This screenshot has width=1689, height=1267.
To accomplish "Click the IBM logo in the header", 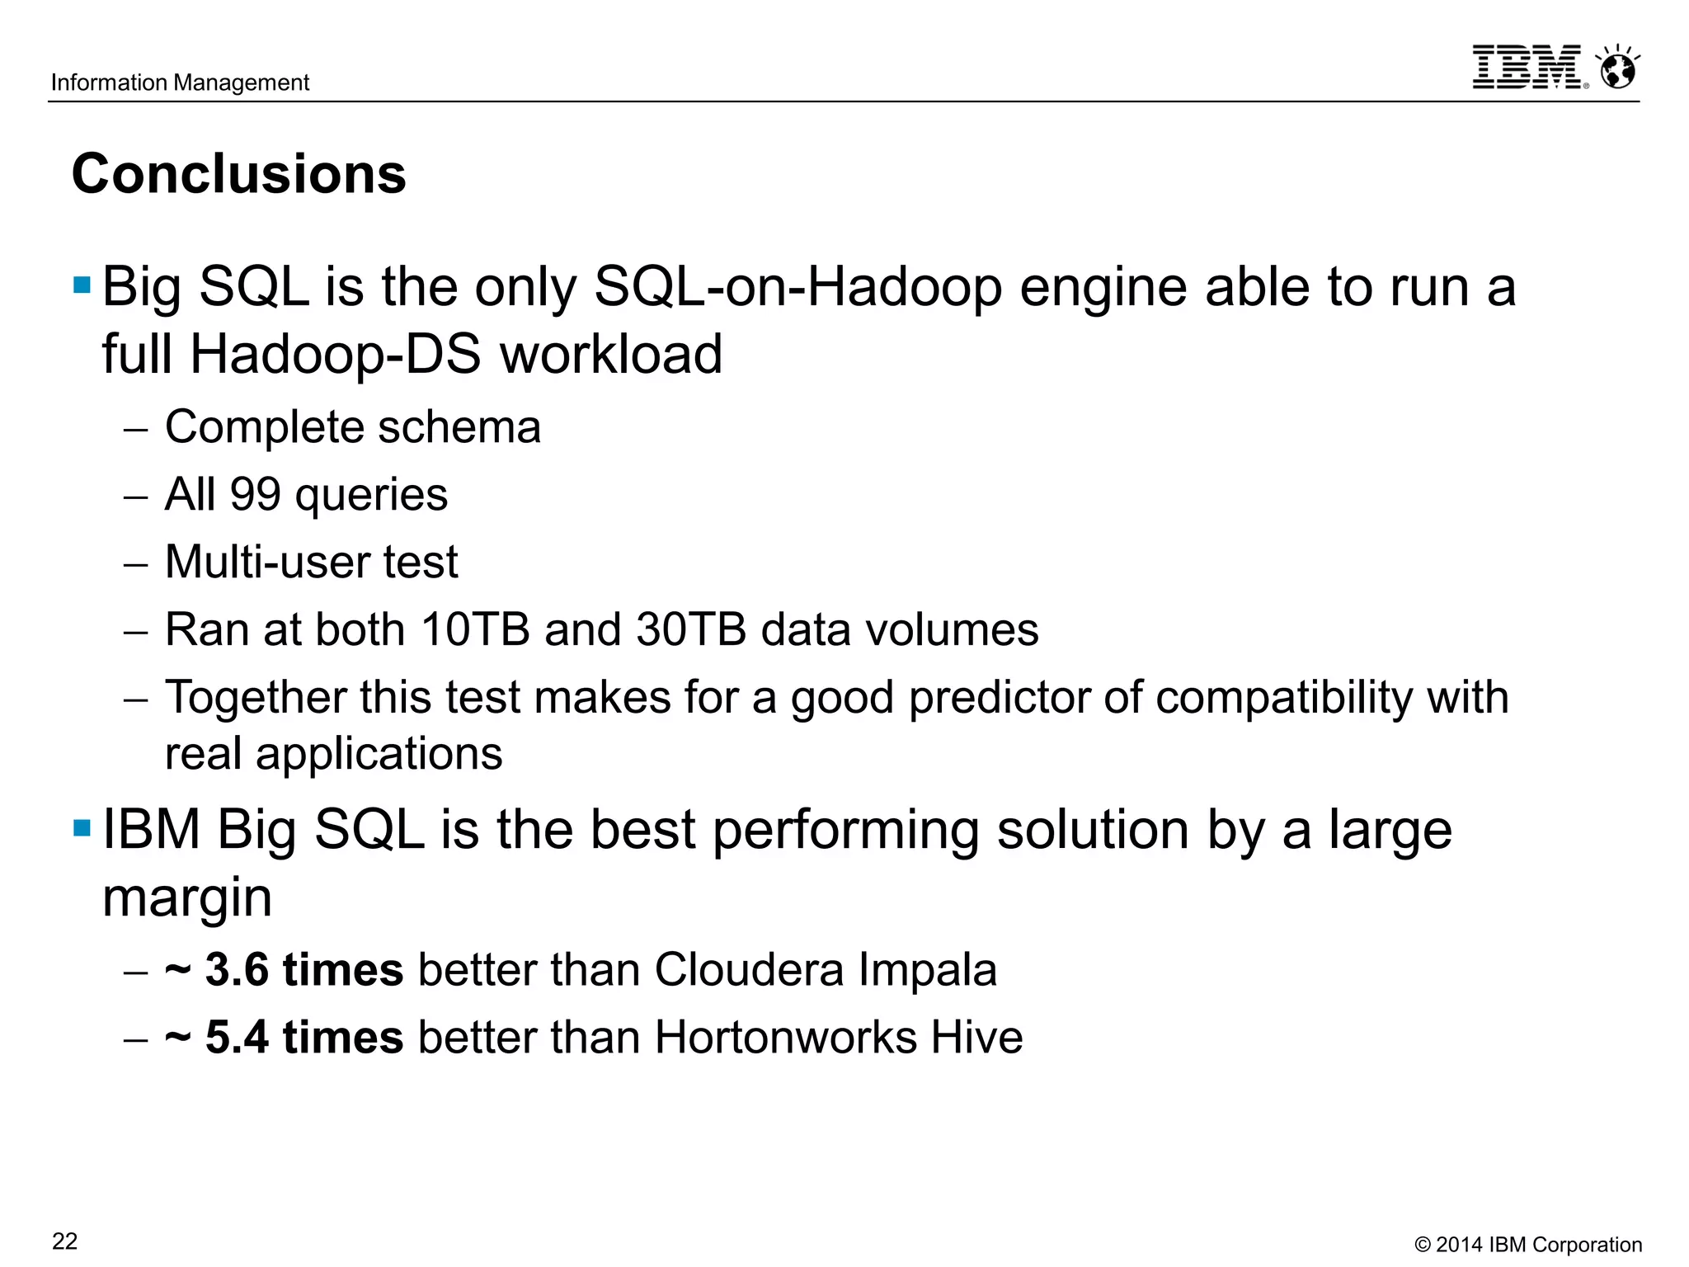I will click(x=1528, y=67).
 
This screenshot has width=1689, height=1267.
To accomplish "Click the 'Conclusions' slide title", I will click(x=239, y=174).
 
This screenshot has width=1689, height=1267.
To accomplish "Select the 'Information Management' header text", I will click(x=180, y=82).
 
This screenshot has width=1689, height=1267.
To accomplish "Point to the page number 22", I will click(x=64, y=1241).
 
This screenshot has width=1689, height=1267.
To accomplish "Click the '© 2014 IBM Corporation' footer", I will click(x=1528, y=1245).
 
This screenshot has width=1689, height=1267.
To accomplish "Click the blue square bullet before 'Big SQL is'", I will click(x=82, y=285).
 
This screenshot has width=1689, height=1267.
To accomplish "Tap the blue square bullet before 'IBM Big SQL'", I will click(x=82, y=827).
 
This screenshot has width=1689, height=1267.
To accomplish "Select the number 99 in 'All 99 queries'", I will click(x=255, y=494).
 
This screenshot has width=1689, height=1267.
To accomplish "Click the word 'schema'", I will click(x=459, y=427).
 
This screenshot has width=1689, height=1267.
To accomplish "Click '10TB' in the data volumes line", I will click(x=474, y=629).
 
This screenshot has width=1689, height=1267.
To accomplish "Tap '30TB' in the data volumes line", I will click(x=691, y=629).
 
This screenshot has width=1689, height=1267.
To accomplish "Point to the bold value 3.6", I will click(x=237, y=969).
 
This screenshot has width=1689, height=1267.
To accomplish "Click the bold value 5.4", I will click(x=237, y=1037).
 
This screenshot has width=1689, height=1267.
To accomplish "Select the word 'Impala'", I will click(x=927, y=969).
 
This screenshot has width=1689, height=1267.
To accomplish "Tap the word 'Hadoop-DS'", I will click(x=336, y=355).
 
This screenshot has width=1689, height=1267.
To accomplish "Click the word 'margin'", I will click(x=187, y=898).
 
